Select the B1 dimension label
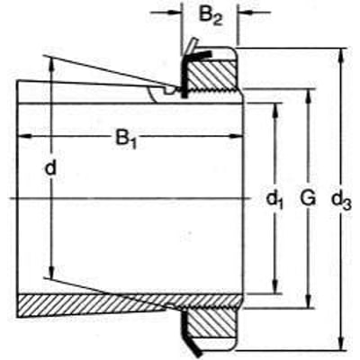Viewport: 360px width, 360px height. point(126,139)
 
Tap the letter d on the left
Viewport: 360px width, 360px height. point(50,168)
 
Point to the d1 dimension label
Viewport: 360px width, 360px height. point(274,200)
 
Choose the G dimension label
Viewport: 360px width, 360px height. point(308,199)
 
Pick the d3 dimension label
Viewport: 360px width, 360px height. point(342,201)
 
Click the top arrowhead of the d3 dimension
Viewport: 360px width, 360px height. point(341,55)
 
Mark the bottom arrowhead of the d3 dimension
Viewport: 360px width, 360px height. point(341,343)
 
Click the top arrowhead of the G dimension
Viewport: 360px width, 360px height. point(308,96)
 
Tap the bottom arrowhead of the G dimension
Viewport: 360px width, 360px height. point(308,301)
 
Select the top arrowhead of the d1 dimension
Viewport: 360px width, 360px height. point(274,110)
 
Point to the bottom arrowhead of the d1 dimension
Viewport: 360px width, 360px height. point(274,286)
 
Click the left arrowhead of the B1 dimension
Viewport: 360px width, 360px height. point(24,137)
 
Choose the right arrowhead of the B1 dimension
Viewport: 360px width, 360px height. point(236,137)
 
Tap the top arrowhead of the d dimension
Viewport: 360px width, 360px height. point(51,64)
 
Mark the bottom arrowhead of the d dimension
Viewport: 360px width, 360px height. point(51,272)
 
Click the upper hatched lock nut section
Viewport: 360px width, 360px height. point(211,75)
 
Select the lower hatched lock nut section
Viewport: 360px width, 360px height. point(211,323)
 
